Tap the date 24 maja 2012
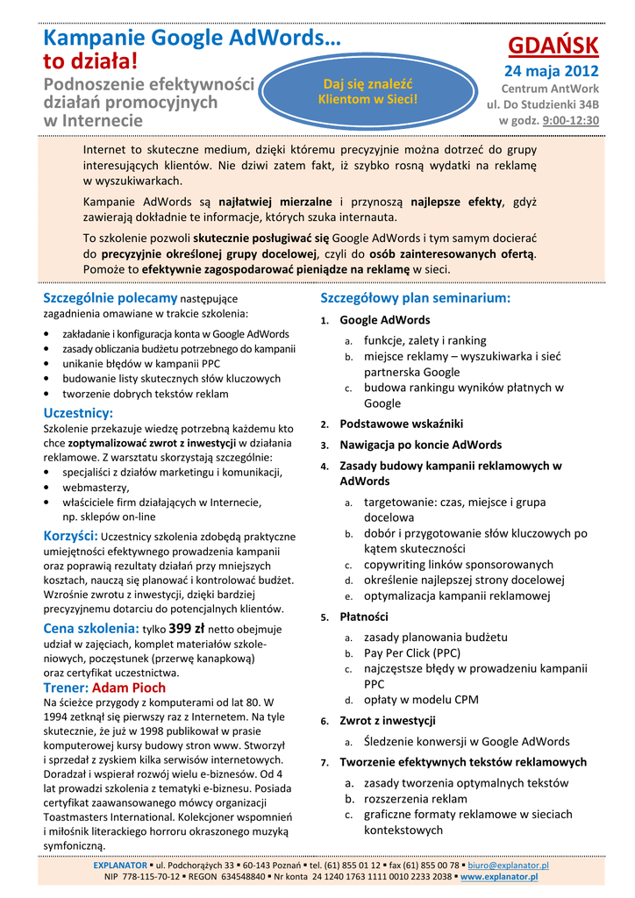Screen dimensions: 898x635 tap(550, 71)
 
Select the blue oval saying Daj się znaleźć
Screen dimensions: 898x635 tap(367, 91)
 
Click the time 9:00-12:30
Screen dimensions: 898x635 tap(570, 120)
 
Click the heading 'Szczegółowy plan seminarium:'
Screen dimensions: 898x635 tap(415, 298)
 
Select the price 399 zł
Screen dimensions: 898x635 tap(186, 628)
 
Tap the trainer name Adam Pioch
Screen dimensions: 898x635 tap(128, 688)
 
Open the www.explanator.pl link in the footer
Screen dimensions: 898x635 tap(499, 876)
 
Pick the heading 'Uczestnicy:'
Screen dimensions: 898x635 tap(78, 412)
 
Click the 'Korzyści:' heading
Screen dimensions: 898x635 tap(71, 535)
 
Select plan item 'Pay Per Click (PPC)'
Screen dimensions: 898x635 tap(412, 652)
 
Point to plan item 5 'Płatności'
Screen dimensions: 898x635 tap(363, 616)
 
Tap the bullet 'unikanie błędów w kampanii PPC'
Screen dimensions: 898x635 tap(141, 363)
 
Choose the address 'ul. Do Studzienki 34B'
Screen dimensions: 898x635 tap(543, 104)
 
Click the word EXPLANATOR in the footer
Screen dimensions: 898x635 tap(120, 866)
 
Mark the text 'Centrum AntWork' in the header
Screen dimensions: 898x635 tap(550, 89)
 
